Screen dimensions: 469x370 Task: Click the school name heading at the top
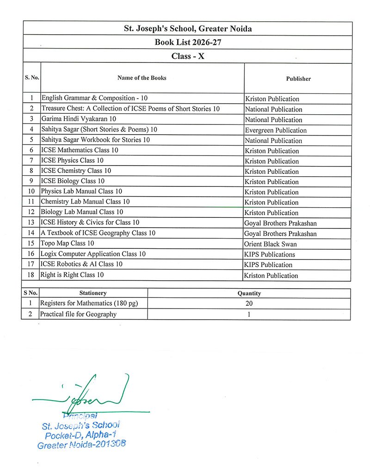click(188, 29)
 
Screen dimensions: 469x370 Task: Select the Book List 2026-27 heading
click(187, 43)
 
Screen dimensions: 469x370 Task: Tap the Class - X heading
click(187, 56)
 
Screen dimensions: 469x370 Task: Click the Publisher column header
click(298, 79)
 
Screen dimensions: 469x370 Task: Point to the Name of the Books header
click(142, 78)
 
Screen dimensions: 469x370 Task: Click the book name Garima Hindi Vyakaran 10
click(79, 119)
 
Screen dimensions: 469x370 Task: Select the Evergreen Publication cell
click(276, 130)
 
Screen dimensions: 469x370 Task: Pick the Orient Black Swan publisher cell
click(271, 244)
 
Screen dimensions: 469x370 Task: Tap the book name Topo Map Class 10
click(68, 243)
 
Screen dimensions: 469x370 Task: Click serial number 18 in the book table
click(31, 275)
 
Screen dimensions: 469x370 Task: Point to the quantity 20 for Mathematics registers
click(249, 304)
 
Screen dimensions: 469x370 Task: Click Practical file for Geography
click(78, 314)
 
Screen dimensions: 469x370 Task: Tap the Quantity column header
click(249, 293)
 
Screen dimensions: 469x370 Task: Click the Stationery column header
click(93, 293)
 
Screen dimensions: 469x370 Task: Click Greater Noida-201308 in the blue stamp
click(81, 444)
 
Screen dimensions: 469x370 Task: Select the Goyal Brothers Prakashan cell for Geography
click(281, 234)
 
